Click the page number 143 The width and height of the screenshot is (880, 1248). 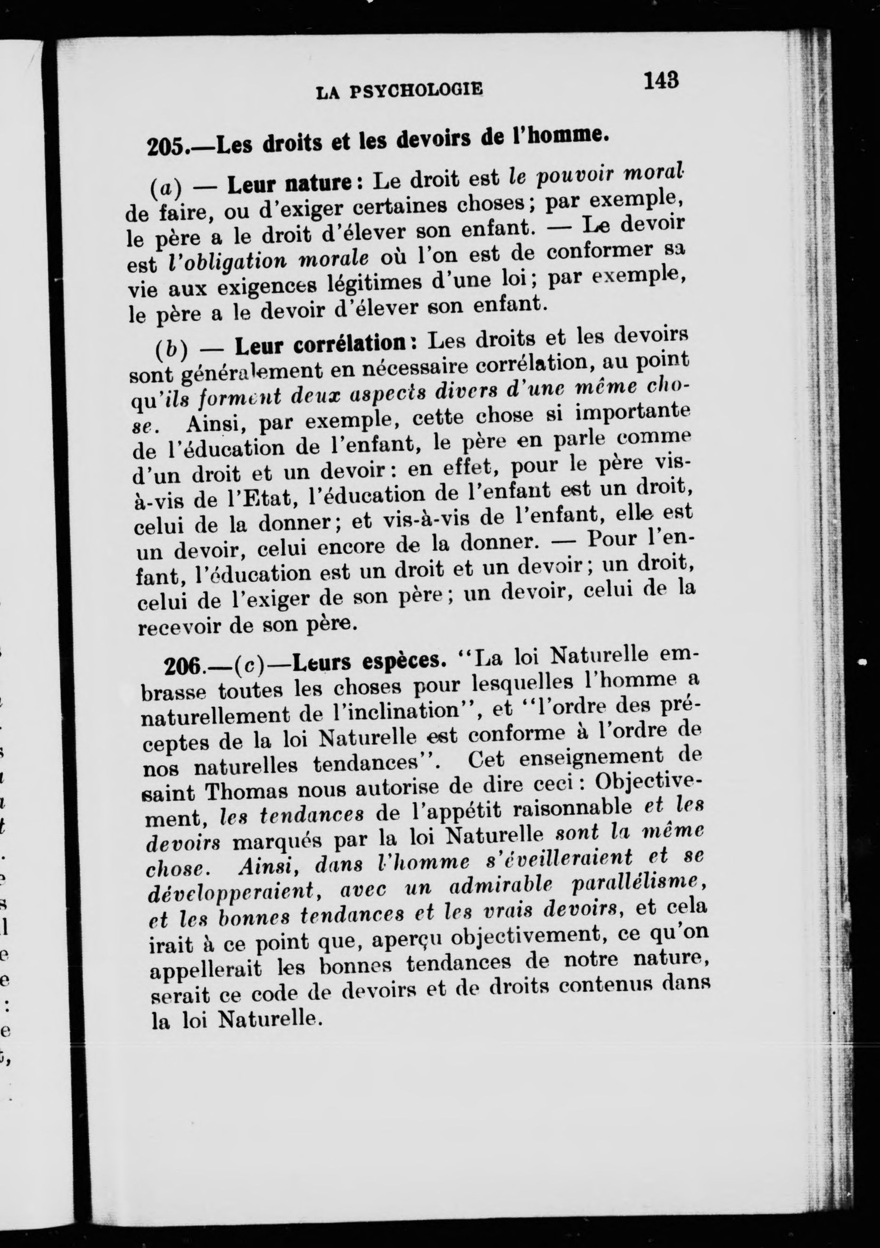pos(661,81)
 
